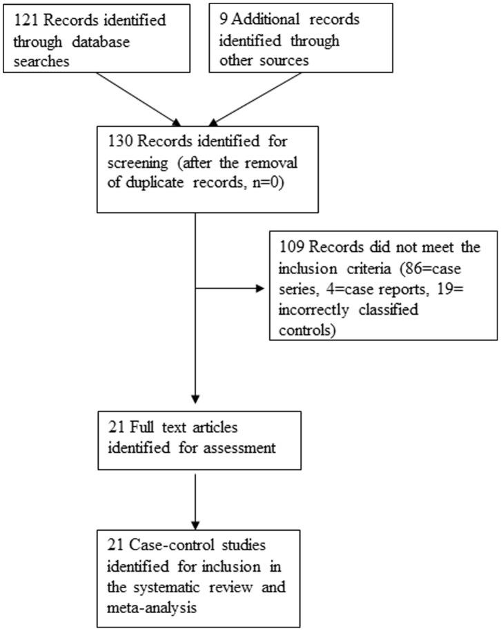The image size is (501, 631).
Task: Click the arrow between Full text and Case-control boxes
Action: click(x=196, y=496)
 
